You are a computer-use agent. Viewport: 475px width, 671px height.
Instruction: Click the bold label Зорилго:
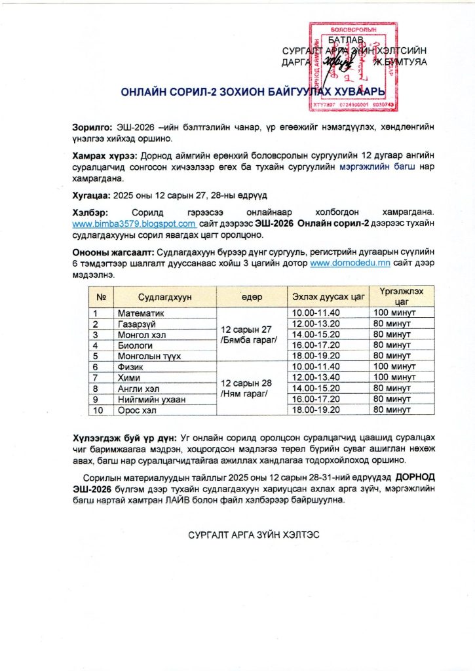coord(92,126)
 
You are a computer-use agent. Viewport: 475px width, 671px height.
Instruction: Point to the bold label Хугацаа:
coord(91,195)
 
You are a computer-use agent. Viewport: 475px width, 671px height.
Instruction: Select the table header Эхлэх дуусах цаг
coord(328,297)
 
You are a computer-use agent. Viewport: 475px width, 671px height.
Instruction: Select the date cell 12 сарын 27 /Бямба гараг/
coord(251,334)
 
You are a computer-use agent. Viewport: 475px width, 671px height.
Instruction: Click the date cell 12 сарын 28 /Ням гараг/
coord(251,388)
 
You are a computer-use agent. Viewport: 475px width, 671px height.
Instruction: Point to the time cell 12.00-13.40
coord(328,377)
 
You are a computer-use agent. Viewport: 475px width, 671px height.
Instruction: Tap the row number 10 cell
coord(101,410)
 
